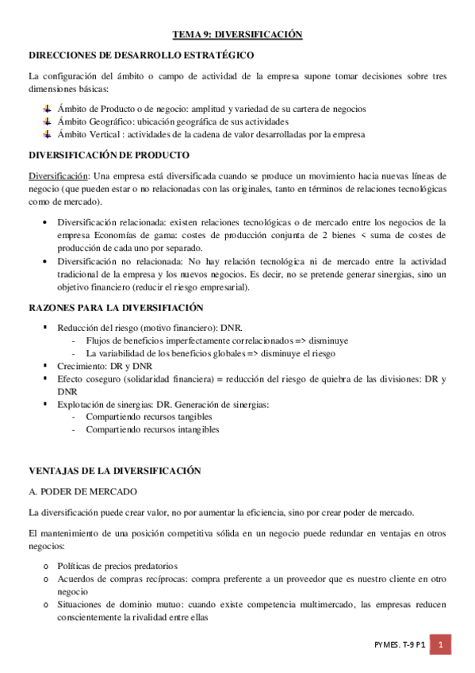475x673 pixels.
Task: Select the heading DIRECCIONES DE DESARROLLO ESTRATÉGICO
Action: tap(140, 56)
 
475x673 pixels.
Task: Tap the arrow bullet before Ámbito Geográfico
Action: tap(47, 121)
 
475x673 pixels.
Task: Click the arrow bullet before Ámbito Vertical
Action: tap(47, 134)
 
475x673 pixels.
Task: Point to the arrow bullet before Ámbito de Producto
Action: tap(47, 108)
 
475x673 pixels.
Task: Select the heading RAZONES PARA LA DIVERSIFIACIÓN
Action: tap(116, 307)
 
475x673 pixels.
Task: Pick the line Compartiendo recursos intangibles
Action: tap(152, 429)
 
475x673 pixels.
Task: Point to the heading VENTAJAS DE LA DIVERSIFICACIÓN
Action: tap(114, 471)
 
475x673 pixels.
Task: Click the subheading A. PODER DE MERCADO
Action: tap(82, 492)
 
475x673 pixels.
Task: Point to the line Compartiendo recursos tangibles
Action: tap(148, 417)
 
